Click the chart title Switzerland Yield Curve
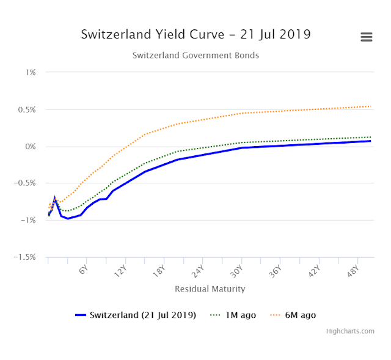(195, 34)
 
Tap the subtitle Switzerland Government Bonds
(195, 56)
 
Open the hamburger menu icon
(367, 37)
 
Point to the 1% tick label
(31, 72)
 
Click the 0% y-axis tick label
(31, 147)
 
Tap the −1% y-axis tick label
(28, 221)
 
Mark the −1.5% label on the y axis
(25, 257)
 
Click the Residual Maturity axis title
(210, 288)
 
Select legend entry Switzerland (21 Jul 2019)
(142, 315)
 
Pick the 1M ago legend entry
(240, 315)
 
